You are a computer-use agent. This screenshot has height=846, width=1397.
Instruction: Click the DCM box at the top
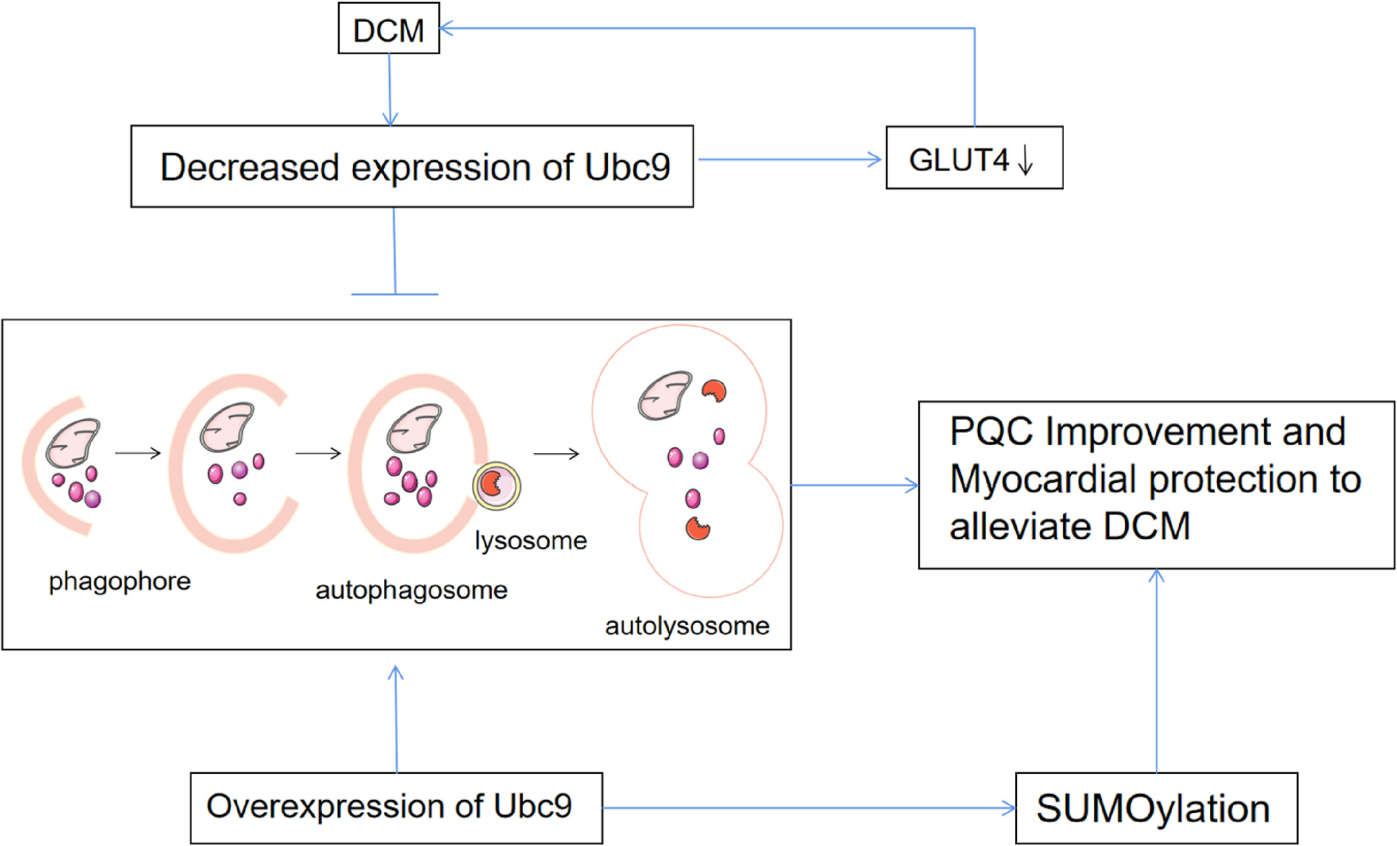point(389,28)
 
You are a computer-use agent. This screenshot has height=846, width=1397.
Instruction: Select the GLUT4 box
point(974,158)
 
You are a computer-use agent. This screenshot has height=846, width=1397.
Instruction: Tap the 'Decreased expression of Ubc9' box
point(412,167)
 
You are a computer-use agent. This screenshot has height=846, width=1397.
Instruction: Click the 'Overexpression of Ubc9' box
point(397,808)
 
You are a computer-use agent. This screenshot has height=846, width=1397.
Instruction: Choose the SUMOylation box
point(1157,808)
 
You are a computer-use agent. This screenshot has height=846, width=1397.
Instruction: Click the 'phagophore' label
point(119,582)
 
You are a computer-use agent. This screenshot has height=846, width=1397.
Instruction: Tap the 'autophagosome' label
point(412,591)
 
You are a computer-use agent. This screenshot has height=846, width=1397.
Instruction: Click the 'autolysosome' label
point(687,626)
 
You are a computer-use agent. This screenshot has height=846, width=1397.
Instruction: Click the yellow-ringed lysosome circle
point(496,486)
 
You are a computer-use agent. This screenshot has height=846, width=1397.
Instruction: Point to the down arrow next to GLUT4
point(1025,160)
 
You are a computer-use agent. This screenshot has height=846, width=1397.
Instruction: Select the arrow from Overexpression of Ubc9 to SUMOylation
point(809,808)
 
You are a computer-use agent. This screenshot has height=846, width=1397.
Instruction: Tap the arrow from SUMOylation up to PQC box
point(1156,671)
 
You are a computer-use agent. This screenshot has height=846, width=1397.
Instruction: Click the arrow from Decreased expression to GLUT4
point(790,159)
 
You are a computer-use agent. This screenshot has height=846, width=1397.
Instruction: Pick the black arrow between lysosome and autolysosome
point(556,454)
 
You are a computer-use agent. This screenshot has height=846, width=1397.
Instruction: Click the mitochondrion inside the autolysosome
point(665,396)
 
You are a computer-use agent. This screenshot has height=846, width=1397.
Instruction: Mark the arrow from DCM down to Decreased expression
point(390,89)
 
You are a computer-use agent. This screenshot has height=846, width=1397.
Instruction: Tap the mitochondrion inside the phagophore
point(73,443)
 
